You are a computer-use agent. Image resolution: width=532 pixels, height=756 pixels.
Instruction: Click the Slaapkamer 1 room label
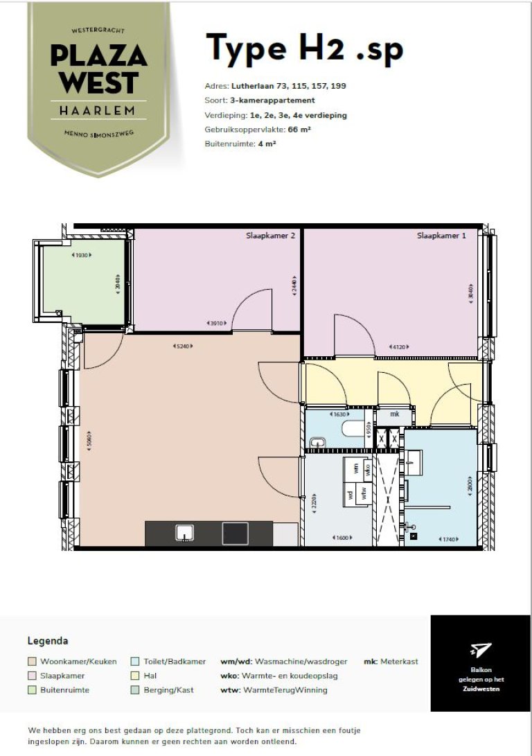point(441,236)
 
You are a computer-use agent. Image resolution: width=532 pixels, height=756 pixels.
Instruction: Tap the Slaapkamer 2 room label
point(272,236)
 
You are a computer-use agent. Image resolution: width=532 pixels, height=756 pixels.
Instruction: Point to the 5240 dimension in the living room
point(183,346)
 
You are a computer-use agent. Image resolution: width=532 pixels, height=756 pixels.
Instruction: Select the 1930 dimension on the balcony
point(82,255)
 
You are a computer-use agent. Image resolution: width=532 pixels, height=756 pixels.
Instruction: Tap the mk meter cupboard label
point(395,414)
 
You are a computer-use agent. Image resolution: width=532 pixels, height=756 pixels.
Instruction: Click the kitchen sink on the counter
point(184,533)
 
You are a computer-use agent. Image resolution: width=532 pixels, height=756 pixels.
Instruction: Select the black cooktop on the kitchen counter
point(235,534)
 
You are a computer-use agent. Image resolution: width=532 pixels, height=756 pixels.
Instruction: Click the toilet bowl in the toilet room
point(354,430)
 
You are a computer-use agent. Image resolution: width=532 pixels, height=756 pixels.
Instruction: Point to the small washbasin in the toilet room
point(318,442)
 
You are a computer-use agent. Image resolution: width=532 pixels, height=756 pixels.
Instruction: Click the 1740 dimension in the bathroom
point(450,539)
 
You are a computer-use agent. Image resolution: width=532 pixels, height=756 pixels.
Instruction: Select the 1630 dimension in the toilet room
point(339,414)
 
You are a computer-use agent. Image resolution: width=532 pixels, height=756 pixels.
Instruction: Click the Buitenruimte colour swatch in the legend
point(32,689)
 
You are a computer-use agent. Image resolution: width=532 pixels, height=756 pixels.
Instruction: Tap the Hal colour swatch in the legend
point(135,676)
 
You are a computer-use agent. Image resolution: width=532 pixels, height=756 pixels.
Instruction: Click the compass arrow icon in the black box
point(480,649)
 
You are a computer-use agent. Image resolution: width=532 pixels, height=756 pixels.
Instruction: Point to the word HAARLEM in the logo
point(97,110)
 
